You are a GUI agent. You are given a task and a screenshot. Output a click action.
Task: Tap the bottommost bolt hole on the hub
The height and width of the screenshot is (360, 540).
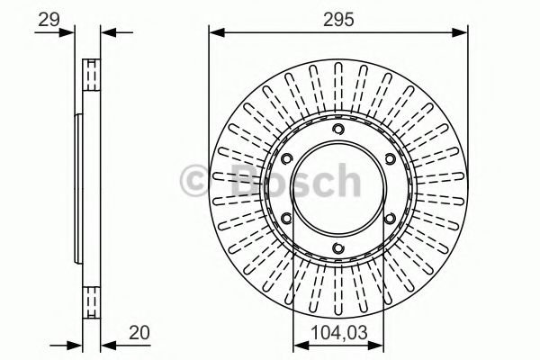coord(337,249)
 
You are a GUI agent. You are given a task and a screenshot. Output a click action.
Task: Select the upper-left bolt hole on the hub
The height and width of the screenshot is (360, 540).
coord(287,160)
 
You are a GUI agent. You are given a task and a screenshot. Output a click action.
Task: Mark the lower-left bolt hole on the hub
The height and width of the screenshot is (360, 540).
coord(287,220)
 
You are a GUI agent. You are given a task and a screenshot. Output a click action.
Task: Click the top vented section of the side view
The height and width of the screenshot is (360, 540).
coord(90,74)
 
